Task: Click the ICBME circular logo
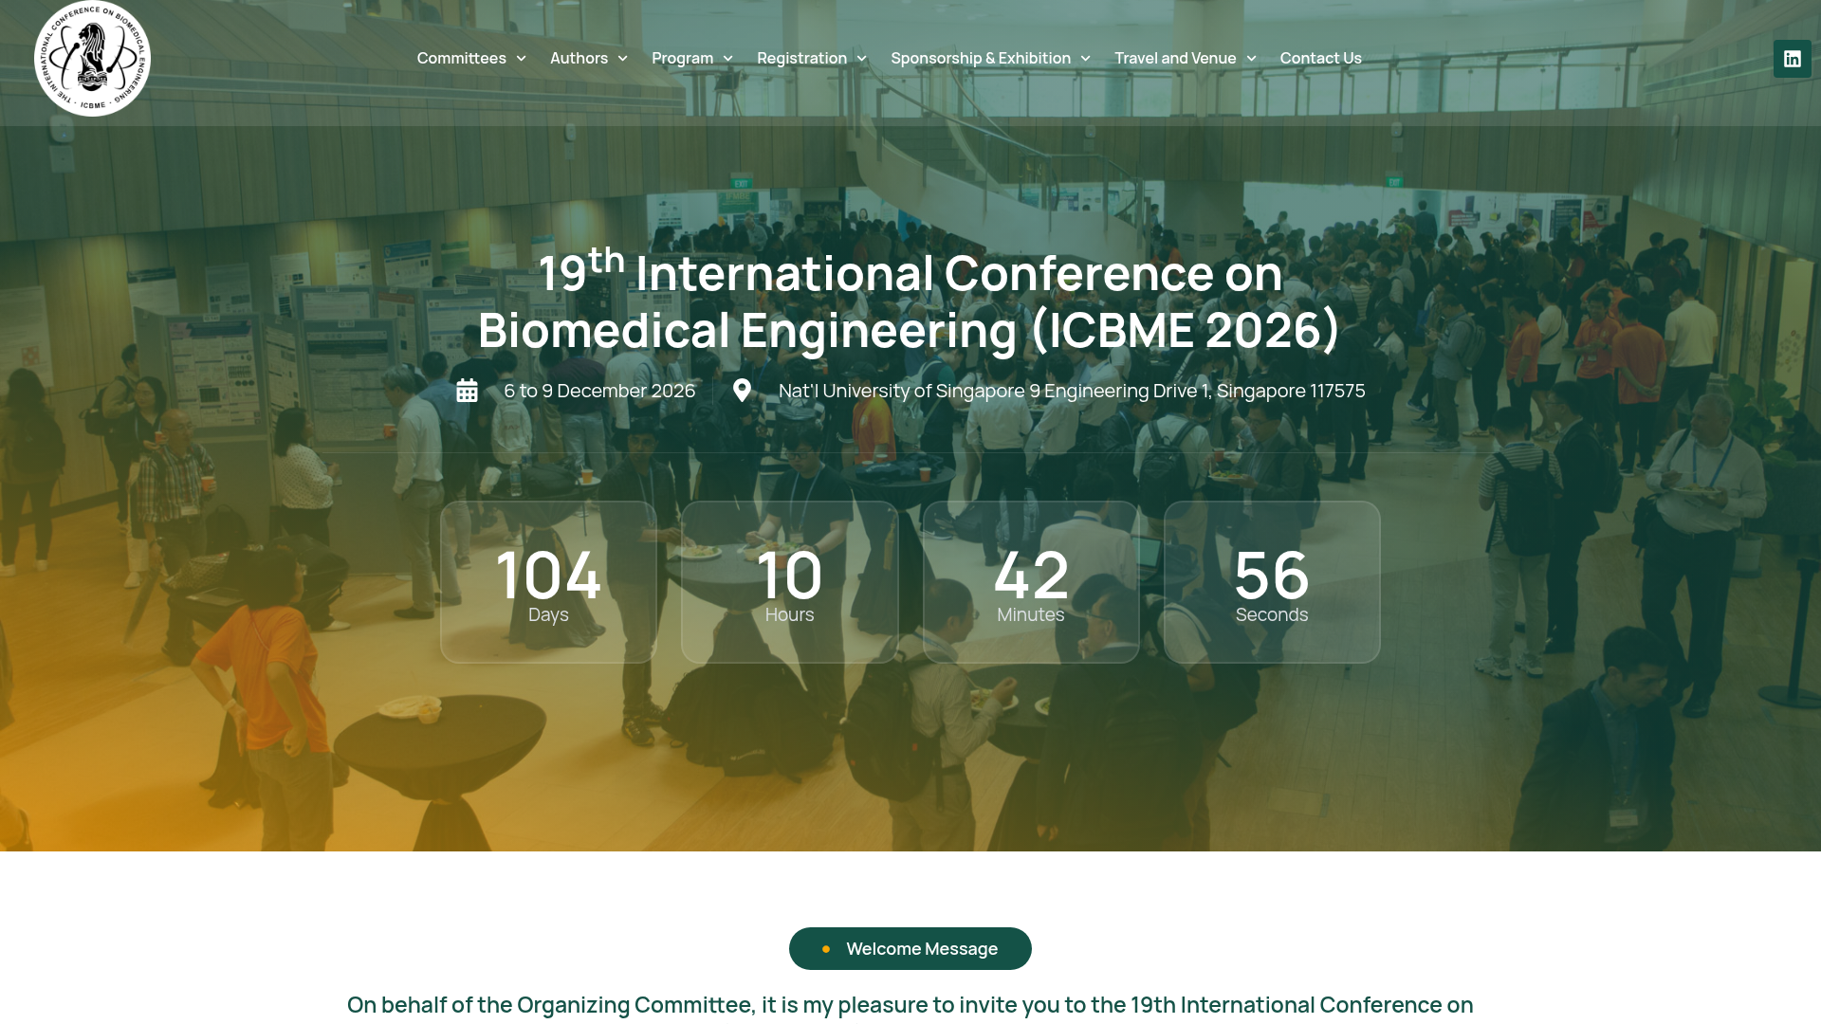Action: [92, 59]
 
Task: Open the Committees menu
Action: [471, 59]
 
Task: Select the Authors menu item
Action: [589, 59]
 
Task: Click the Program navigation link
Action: [692, 59]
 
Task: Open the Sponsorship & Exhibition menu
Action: [990, 59]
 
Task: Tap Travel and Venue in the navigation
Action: [1186, 59]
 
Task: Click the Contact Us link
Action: [1320, 59]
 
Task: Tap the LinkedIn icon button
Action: [1792, 59]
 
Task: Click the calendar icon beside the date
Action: [467, 391]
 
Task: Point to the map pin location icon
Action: [742, 391]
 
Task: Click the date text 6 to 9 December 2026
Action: [599, 391]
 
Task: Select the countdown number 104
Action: [548, 575]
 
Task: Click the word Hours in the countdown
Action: [789, 615]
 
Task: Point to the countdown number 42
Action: [1031, 575]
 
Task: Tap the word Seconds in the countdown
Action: [1272, 615]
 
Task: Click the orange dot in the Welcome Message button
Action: [826, 949]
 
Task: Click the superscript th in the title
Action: [606, 259]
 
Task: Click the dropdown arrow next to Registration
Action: [861, 59]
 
